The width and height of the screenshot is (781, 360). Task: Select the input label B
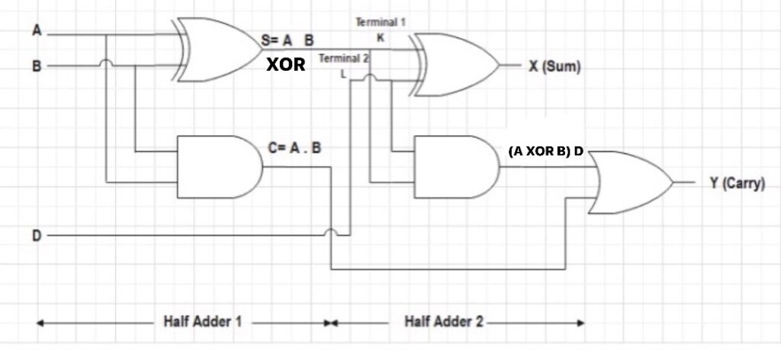point(36,66)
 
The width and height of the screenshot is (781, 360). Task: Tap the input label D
point(36,236)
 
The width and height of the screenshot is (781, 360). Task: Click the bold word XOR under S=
point(285,66)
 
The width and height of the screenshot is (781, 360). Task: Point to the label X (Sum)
point(555,66)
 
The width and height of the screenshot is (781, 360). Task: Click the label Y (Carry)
point(737,184)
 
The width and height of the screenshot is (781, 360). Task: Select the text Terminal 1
point(380,23)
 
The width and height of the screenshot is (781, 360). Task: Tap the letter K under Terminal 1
point(380,37)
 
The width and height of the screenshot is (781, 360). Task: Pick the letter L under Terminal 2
point(343,73)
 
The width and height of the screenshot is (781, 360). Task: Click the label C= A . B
point(294,147)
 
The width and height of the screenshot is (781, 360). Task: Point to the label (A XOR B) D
point(545,151)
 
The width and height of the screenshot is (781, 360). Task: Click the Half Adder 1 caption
point(203,322)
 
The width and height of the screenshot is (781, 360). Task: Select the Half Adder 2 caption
point(444,322)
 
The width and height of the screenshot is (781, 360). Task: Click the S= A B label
point(287,38)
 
